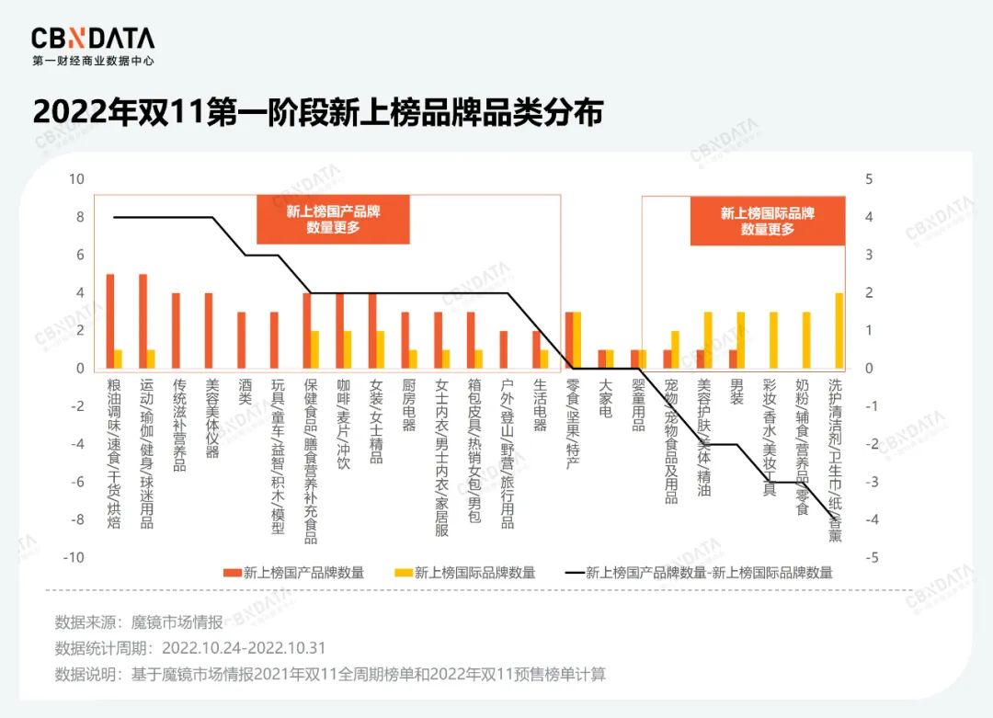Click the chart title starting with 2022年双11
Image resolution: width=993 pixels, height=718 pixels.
coord(317,113)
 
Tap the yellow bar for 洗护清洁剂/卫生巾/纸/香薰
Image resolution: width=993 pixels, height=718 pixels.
coord(839,330)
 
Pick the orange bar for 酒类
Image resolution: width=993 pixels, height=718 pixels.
coord(242,340)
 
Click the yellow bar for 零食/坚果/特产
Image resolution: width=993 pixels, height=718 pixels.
coord(576,340)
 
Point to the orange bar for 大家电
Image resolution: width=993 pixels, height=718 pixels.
coord(601,359)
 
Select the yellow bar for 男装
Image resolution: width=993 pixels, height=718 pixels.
coord(740,340)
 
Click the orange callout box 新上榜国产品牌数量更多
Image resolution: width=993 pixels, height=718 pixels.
coord(333,219)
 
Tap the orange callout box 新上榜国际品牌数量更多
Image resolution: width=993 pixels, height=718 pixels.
coord(767,220)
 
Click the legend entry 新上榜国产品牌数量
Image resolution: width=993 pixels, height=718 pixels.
coord(293,573)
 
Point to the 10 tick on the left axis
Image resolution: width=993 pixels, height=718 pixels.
coord(77,179)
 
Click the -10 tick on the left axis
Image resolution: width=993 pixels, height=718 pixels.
coord(74,557)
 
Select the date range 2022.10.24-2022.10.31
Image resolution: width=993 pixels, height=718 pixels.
coord(244,648)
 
